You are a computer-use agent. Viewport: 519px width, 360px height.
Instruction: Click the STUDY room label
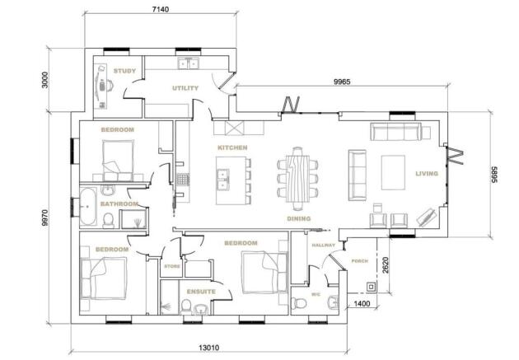point(124,71)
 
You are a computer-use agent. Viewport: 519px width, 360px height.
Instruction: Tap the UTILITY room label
point(185,88)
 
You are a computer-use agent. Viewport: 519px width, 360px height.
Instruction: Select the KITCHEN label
point(232,147)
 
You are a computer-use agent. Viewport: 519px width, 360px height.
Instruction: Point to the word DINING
point(298,218)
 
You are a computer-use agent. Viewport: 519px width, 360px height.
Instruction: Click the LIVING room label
point(427,173)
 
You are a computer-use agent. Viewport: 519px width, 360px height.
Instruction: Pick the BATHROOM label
point(119,203)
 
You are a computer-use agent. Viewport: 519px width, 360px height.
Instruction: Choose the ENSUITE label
point(201,292)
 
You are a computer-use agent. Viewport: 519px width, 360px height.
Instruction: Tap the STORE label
point(172,266)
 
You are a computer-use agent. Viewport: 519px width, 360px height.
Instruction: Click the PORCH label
point(359,261)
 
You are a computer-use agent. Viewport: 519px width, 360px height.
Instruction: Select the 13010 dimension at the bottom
point(209,348)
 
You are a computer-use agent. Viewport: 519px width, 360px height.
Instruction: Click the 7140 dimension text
point(160,9)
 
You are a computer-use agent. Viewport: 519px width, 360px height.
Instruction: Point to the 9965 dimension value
point(342,82)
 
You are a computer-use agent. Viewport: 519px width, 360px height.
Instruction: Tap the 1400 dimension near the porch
point(362,303)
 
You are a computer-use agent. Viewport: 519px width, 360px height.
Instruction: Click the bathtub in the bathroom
point(88,207)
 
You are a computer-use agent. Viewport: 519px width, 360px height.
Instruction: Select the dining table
point(297,178)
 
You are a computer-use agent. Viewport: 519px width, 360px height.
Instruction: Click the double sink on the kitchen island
point(222,180)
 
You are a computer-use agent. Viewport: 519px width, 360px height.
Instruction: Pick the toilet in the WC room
point(298,303)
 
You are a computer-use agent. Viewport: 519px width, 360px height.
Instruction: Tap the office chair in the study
point(105,86)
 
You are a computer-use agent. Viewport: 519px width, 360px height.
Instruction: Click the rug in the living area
point(393,172)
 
